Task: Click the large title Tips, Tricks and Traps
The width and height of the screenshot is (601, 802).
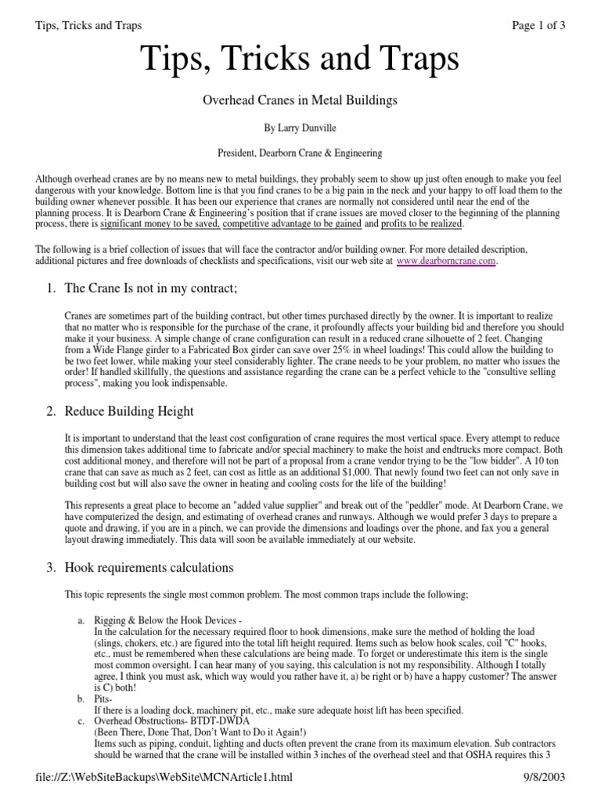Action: [x=300, y=60]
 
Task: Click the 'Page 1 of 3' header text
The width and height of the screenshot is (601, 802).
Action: [x=538, y=25]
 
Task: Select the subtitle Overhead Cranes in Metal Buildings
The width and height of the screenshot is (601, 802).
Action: [x=300, y=100]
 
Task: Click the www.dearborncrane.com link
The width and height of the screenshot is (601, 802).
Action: [x=446, y=262]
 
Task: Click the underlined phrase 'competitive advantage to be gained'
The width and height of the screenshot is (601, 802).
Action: [x=293, y=224]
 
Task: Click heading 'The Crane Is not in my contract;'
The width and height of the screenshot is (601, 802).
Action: [x=150, y=290]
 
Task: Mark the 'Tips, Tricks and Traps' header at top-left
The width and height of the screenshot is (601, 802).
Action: [x=89, y=25]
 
